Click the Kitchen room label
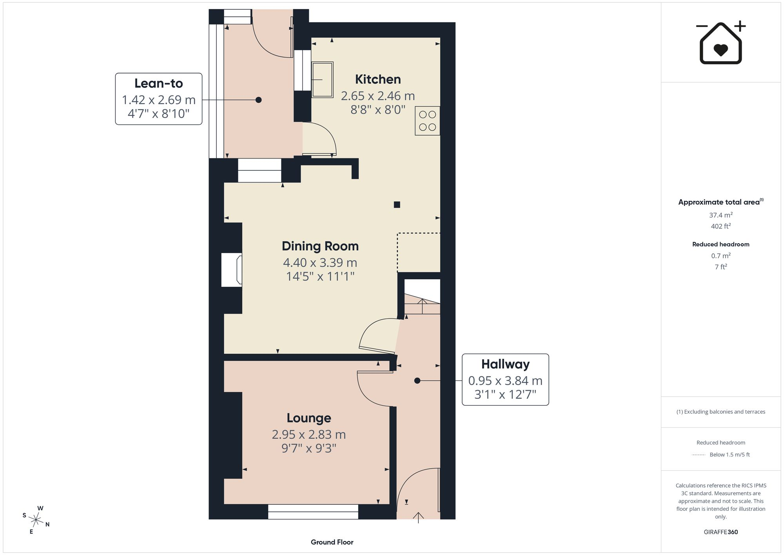click(378, 79)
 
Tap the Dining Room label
click(320, 246)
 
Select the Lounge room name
click(309, 418)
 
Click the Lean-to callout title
click(159, 83)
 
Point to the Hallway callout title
click(505, 364)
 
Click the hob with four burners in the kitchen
click(427, 121)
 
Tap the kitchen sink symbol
click(322, 80)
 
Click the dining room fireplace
click(232, 270)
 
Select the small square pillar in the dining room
click(397, 204)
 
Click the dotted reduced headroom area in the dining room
click(419, 252)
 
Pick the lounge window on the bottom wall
click(313, 511)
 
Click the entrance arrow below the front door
click(418, 517)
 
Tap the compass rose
click(36, 520)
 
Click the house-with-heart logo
click(720, 42)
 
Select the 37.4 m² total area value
click(720, 215)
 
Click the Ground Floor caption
click(332, 542)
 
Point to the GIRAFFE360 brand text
click(720, 532)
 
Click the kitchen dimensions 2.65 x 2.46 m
click(378, 96)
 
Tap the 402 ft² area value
click(720, 226)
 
